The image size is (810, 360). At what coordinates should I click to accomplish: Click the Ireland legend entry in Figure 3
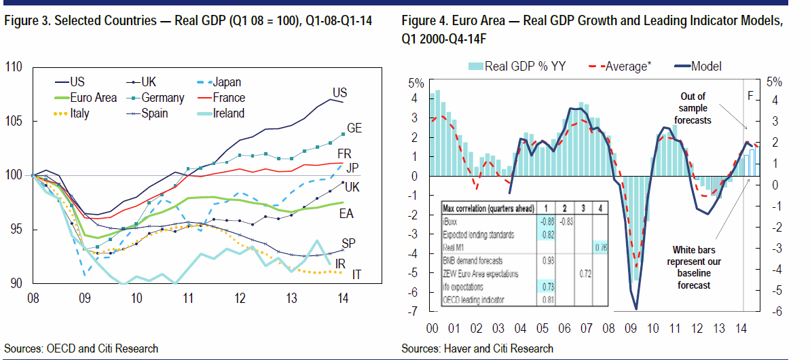pyautogui.click(x=229, y=113)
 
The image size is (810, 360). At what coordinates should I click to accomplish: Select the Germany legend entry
pyautogui.click(x=163, y=98)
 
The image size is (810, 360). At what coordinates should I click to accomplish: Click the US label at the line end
pyautogui.click(x=340, y=92)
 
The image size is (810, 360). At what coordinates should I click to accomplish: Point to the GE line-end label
pyautogui.click(x=354, y=128)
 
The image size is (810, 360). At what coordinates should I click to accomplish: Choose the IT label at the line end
pyautogui.click(x=356, y=274)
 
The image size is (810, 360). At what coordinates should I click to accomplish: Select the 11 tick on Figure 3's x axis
pyautogui.click(x=187, y=298)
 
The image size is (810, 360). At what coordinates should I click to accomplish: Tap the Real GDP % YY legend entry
pyautogui.click(x=525, y=66)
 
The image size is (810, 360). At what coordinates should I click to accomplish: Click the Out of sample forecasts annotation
pyautogui.click(x=693, y=108)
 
